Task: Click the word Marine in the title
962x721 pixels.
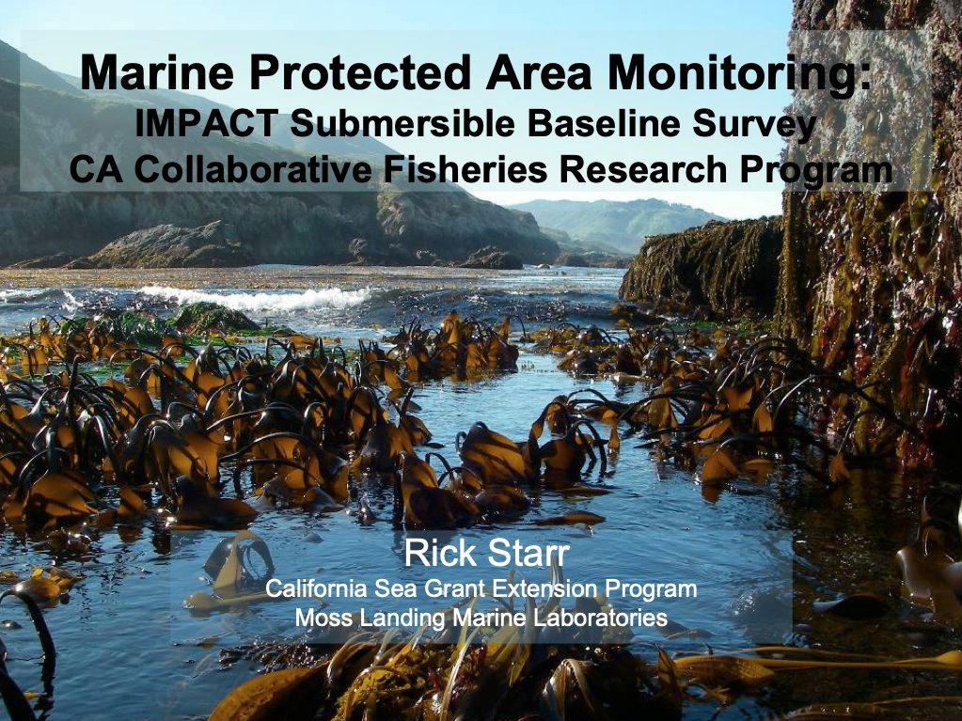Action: [157, 72]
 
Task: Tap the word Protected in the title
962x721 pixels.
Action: [359, 72]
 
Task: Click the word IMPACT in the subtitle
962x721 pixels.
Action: [206, 123]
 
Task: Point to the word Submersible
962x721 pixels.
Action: [402, 123]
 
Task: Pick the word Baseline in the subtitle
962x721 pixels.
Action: [604, 123]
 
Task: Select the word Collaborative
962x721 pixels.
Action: [253, 170]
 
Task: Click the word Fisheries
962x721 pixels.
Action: [465, 170]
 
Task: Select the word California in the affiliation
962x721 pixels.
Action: [317, 588]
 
